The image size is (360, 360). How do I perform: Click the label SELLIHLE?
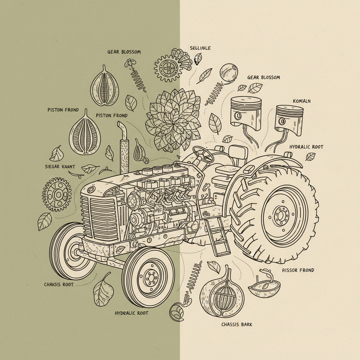200,48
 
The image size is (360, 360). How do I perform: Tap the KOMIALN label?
302,101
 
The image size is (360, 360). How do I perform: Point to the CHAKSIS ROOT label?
59,284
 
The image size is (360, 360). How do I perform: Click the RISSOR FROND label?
298,270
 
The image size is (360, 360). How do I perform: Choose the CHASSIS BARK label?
237,324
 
